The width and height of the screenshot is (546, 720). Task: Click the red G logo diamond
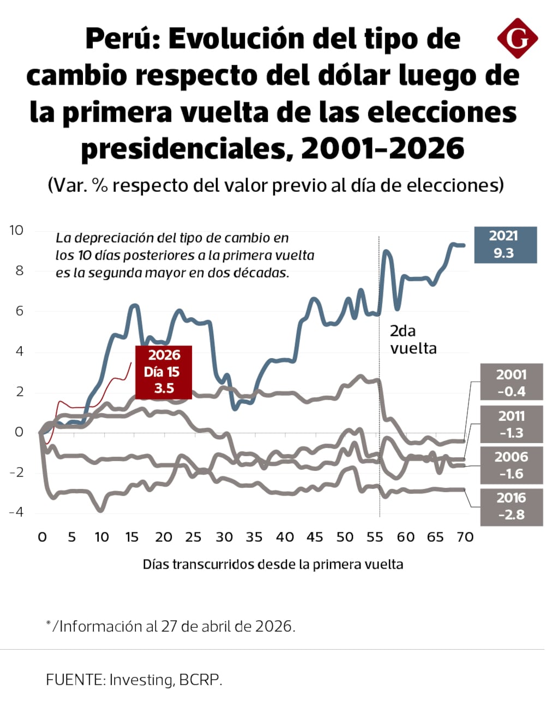517,38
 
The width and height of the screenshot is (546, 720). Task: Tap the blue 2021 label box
505,245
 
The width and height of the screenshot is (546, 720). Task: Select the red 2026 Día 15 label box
164,372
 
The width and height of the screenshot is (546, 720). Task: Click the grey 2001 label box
511,383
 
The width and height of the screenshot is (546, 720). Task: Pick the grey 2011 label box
511,424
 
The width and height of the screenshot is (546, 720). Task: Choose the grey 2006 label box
511,465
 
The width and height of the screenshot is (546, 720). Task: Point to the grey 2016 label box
511,506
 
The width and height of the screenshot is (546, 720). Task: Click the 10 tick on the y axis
16,231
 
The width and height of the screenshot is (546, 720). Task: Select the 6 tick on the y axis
19,311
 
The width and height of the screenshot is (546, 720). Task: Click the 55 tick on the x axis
375,537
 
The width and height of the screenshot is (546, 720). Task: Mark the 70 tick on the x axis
465,537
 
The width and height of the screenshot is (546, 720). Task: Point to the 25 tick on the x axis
193,537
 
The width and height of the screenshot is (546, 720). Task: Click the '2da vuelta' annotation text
413,340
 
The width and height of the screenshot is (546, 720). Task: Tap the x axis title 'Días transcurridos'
273,565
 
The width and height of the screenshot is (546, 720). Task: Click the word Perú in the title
123,39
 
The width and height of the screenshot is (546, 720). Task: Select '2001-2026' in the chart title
382,148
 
